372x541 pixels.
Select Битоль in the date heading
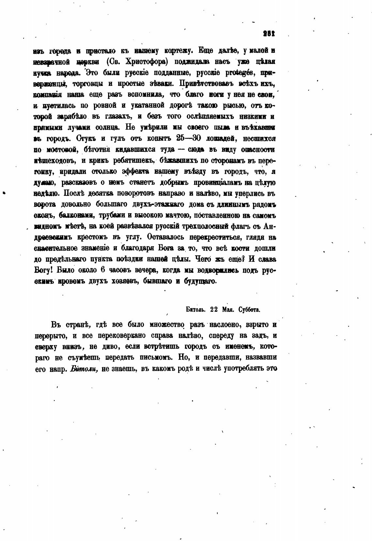pos(195,309)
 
